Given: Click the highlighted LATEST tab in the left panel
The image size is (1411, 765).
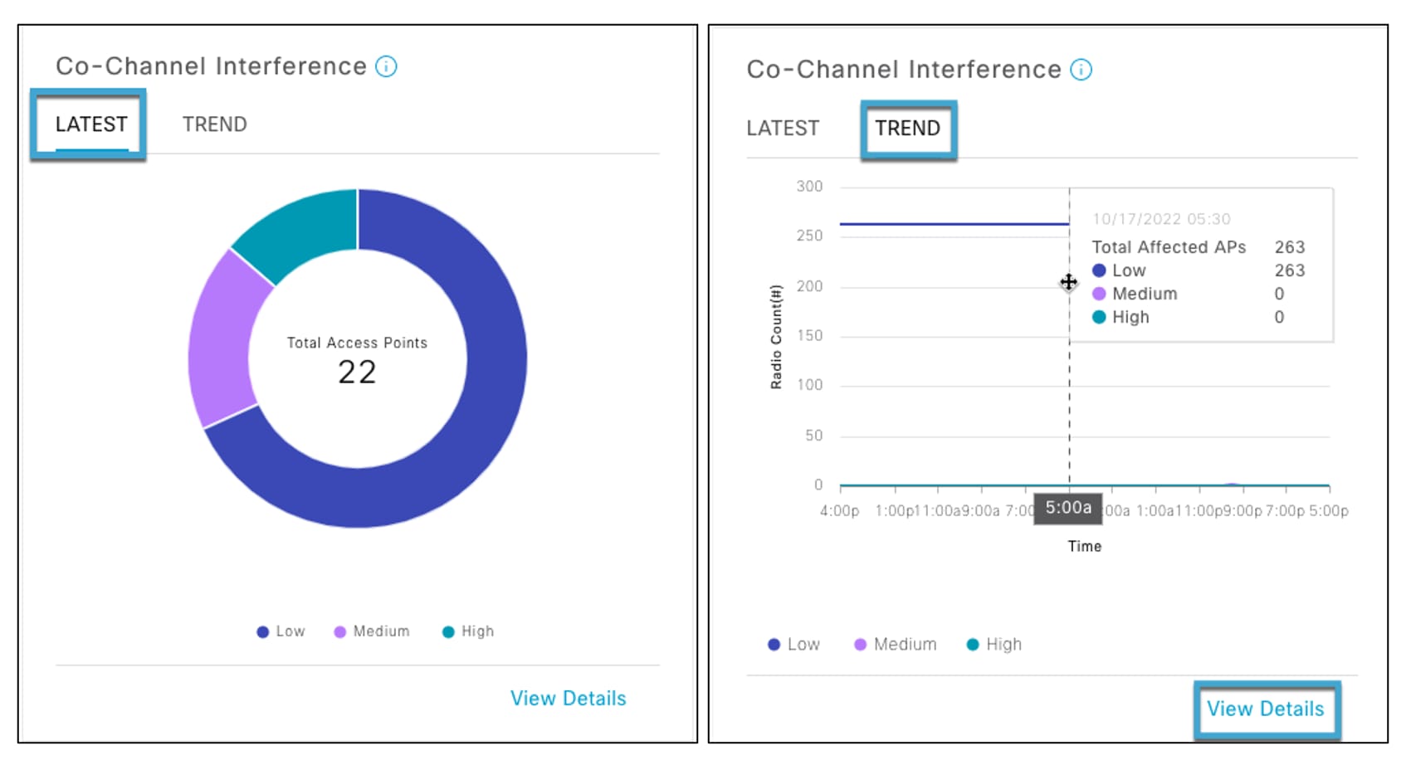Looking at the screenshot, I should [91, 124].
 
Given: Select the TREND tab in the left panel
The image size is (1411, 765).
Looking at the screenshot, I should [214, 124].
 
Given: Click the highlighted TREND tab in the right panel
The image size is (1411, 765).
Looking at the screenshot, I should [907, 129].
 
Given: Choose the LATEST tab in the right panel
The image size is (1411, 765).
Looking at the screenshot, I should [782, 129].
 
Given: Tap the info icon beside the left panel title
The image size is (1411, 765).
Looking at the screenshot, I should [386, 66].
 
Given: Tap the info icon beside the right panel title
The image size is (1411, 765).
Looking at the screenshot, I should [1081, 70].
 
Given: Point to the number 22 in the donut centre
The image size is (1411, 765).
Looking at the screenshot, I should [357, 373].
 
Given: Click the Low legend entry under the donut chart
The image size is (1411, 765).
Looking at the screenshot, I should [281, 631].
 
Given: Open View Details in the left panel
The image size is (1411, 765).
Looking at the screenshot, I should [568, 699].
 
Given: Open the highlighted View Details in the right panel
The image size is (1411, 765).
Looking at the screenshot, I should [1265, 709].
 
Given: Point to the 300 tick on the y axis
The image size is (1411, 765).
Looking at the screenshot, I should [809, 187].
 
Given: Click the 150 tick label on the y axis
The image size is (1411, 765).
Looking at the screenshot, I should [809, 336].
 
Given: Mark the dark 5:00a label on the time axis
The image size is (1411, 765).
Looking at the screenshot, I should [1068, 508].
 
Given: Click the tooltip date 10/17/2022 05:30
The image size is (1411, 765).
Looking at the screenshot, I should [1160, 219].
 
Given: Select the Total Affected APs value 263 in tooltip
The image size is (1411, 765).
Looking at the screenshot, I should [1289, 247].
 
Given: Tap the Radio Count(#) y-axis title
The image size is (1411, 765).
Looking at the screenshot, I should [776, 336].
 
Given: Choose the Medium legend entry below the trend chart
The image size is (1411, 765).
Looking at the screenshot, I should [896, 645].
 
